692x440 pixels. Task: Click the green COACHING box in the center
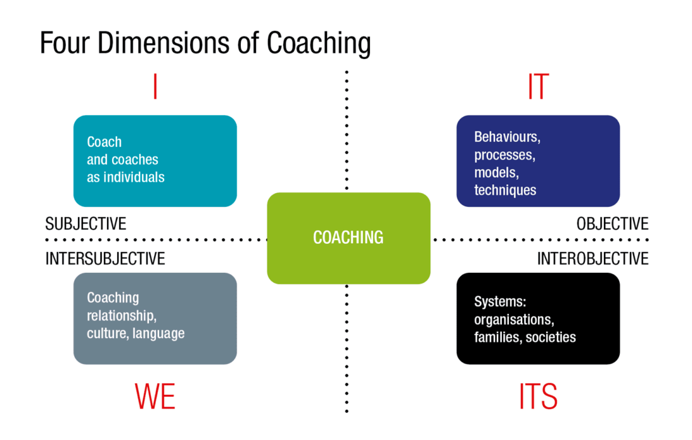coord(349,238)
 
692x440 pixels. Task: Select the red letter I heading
coord(155,87)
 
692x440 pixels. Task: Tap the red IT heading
coord(538,87)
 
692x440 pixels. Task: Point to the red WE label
coord(155,397)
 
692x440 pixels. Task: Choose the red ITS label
coord(538,397)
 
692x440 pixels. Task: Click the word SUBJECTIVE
coord(86,224)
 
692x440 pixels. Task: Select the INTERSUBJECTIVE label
coord(105,258)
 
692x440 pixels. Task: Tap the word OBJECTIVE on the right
coord(611,224)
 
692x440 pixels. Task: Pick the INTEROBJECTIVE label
coord(592,258)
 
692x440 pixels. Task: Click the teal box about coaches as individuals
coord(155,160)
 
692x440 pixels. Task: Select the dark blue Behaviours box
coord(538,160)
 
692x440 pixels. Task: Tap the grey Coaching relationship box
coord(155,318)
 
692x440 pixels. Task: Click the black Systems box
coord(538,318)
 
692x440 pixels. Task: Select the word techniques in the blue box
coord(505,190)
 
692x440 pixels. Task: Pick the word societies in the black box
coord(550,338)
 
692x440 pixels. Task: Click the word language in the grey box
coord(159,333)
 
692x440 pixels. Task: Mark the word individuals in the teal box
coord(134,177)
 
